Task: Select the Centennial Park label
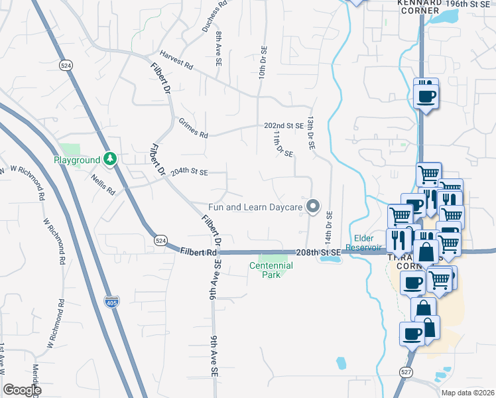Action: tap(271, 269)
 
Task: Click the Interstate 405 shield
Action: tap(112, 302)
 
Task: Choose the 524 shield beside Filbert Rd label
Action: tap(159, 239)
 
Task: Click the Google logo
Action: tap(22, 390)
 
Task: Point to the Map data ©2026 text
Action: tap(467, 393)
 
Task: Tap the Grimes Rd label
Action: tap(193, 127)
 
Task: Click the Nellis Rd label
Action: tap(104, 184)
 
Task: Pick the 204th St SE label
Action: tap(189, 172)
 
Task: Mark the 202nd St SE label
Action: tap(283, 125)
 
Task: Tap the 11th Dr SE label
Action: tap(283, 144)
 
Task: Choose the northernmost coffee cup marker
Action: tap(426, 95)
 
